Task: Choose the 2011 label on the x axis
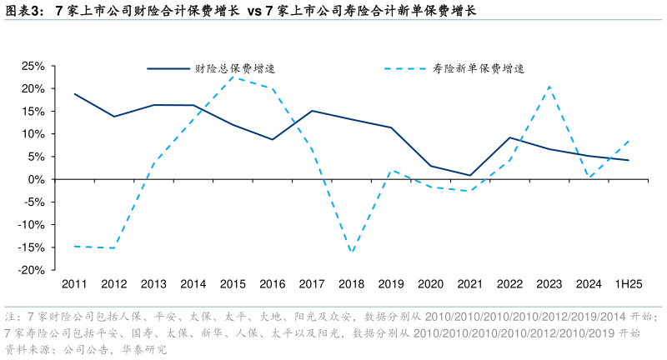click(x=75, y=284)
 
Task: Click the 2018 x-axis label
click(x=351, y=284)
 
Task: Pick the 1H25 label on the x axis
click(x=628, y=284)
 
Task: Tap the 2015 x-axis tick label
click(x=233, y=284)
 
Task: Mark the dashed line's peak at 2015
click(x=233, y=77)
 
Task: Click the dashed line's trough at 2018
click(x=351, y=252)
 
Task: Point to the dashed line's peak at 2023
click(x=549, y=86)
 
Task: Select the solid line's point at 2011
click(x=75, y=94)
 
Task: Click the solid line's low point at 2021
click(x=470, y=175)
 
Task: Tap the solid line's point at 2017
click(x=312, y=111)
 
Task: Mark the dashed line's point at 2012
click(x=114, y=247)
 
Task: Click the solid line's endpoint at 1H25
click(x=628, y=160)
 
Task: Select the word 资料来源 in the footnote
click(x=26, y=349)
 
